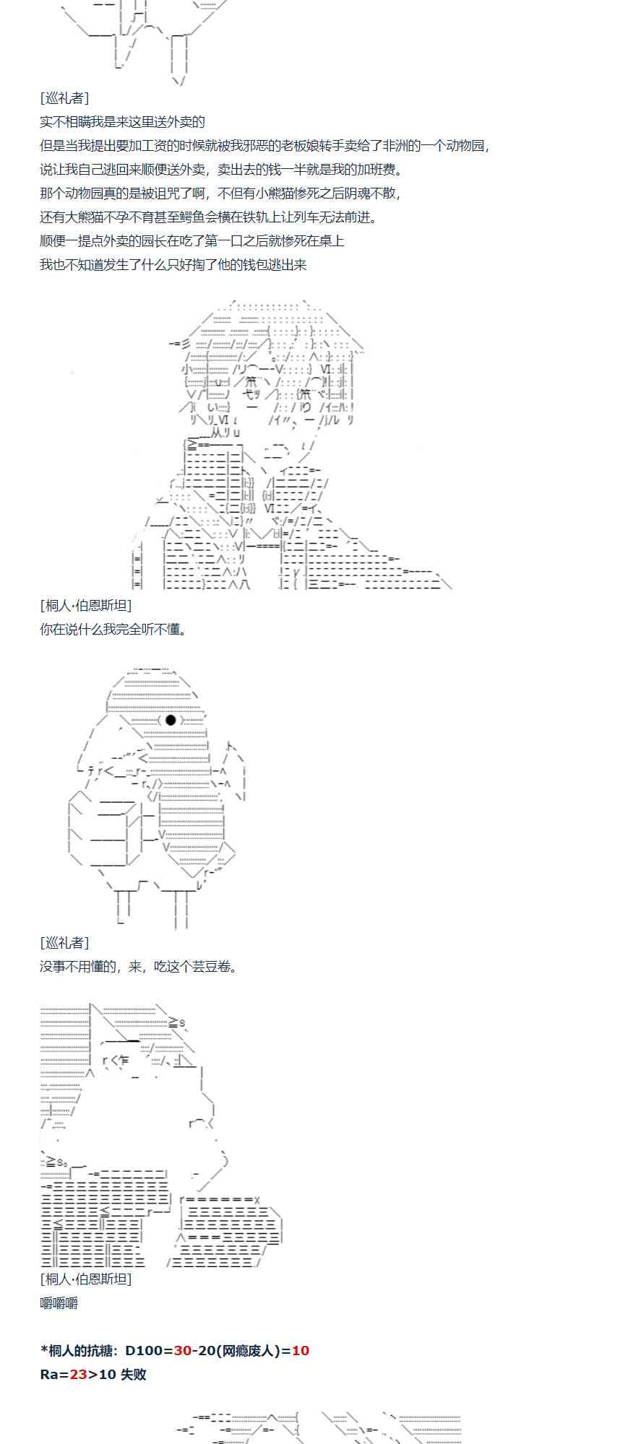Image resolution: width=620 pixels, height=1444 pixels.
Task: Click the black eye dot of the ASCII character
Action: pos(171,720)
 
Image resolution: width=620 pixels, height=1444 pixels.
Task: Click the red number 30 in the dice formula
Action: pos(183,1350)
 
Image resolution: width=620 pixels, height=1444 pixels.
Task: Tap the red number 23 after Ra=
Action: pos(78,1374)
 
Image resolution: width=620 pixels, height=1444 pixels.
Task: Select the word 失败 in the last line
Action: pos(134,1374)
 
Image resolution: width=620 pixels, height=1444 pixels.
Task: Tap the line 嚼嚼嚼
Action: pos(59,1303)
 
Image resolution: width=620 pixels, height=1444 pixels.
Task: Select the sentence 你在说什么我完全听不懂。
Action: pos(114,629)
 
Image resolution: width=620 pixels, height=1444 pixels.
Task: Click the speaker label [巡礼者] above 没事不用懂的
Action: pos(65,942)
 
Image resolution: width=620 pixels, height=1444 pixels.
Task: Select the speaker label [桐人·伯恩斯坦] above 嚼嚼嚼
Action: pos(86,1279)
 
